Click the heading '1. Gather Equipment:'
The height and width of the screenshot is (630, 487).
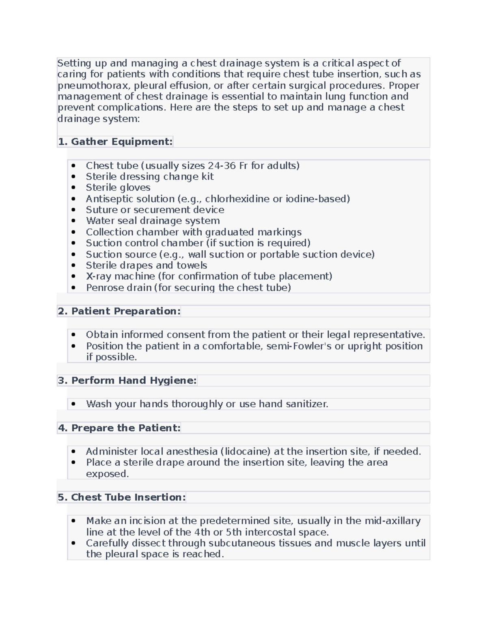point(115,142)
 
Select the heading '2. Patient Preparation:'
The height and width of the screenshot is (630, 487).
point(119,311)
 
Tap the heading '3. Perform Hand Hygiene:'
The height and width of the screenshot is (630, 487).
point(127,381)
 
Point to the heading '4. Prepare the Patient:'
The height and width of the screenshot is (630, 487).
point(119,428)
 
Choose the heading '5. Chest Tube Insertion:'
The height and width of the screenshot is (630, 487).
point(122,497)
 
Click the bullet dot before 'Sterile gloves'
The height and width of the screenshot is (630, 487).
point(73,188)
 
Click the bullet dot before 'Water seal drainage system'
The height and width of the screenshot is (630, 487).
point(73,221)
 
